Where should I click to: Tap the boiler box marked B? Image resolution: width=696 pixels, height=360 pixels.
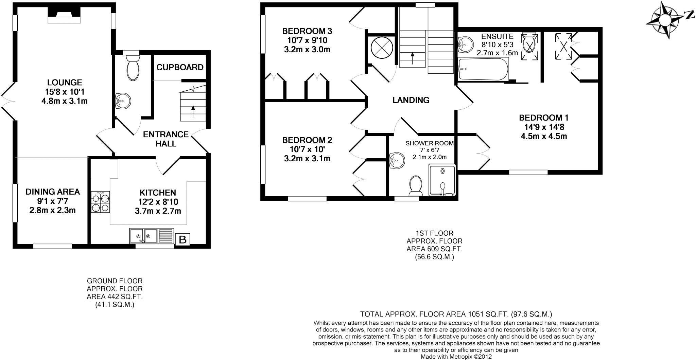click(182, 240)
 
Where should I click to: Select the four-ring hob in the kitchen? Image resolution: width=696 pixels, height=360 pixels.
click(101, 202)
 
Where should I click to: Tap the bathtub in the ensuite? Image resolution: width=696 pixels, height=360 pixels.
click(483, 69)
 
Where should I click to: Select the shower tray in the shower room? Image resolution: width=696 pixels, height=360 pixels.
click(442, 180)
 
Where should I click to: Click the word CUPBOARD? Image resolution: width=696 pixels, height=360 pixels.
click(180, 67)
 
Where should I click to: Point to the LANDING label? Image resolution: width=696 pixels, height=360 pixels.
click(411, 100)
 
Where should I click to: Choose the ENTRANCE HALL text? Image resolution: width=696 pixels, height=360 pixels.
click(166, 139)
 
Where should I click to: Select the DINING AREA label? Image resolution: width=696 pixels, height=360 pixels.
click(53, 192)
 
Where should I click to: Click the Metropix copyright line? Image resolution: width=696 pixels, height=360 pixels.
click(456, 357)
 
